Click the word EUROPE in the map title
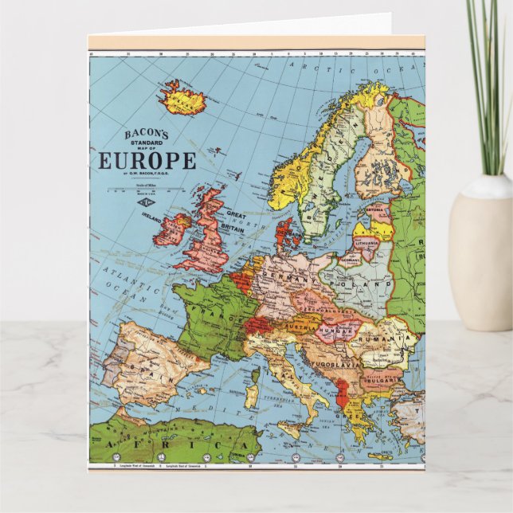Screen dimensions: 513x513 147,162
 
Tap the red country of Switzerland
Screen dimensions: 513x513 258,326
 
